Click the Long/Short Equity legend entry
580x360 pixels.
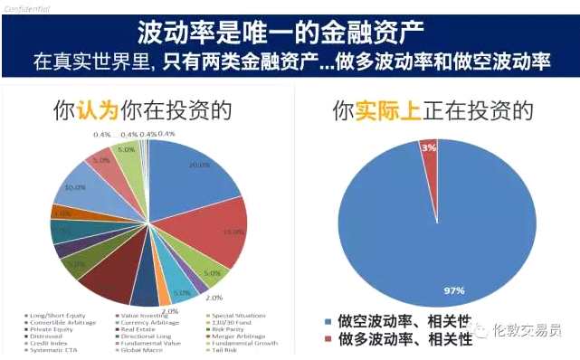[57, 314]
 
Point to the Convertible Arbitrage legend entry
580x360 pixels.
[60, 321]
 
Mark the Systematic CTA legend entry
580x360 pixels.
[52, 350]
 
